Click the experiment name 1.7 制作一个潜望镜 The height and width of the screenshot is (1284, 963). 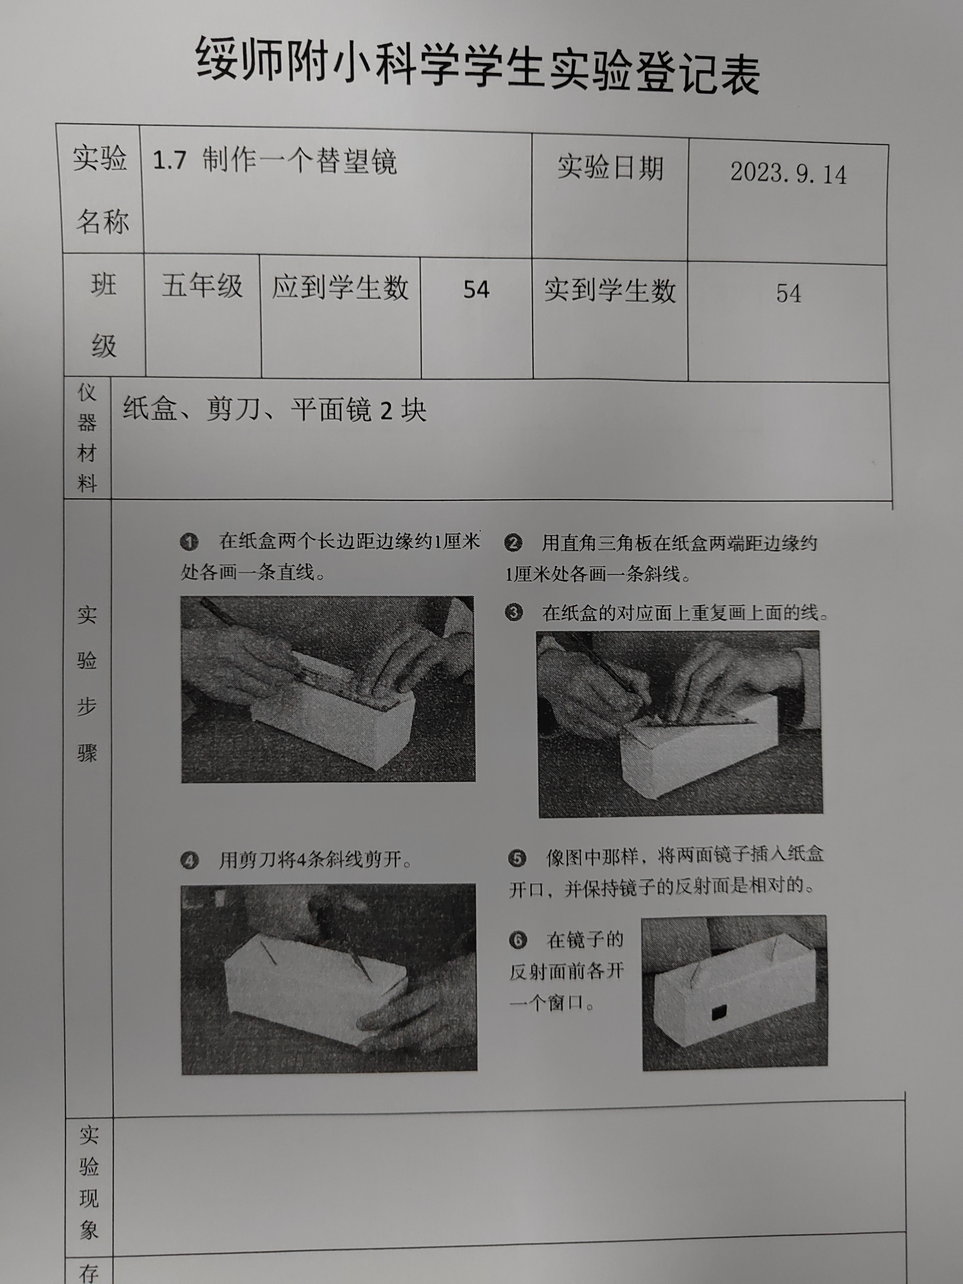coord(275,160)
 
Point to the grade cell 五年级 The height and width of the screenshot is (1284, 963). coord(202,285)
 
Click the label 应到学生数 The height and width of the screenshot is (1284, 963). coord(340,287)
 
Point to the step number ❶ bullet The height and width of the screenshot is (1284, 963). coord(189,542)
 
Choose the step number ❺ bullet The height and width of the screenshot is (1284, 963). coord(517,858)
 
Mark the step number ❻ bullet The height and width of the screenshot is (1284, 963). coord(517,940)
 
